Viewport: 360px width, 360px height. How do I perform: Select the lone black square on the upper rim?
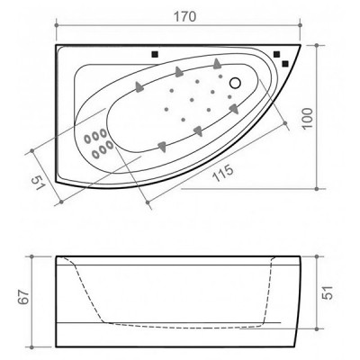point(156,55)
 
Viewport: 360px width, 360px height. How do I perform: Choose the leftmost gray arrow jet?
point(139,86)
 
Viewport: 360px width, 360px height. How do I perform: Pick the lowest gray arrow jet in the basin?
point(162,144)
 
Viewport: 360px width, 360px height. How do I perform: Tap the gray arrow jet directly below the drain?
point(233,108)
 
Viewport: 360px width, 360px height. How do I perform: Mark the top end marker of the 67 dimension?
point(32,256)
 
